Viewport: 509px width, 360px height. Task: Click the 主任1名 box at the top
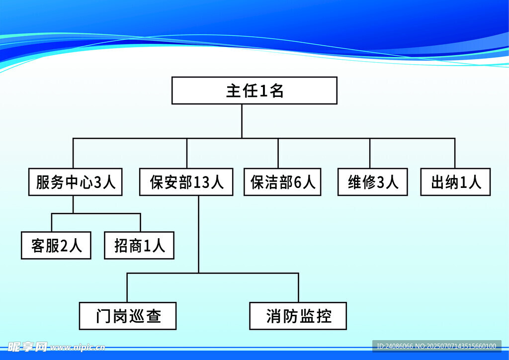pos(254,90)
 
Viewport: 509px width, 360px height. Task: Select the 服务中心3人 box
pos(76,182)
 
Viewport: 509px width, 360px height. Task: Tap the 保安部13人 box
pos(186,182)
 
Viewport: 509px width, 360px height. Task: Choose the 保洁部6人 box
pos(282,182)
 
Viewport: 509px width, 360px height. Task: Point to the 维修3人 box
pos(373,182)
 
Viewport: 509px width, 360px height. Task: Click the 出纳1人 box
pos(455,182)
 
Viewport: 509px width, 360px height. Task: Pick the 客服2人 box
pos(56,245)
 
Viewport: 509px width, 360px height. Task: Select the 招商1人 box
pos(139,245)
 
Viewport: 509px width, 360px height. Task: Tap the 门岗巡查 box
pos(128,316)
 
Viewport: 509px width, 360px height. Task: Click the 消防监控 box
pos(298,316)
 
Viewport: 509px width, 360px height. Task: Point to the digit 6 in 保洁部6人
pos(298,182)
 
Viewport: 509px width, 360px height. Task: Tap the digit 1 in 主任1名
pos(264,91)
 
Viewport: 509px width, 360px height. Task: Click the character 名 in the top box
pos(277,91)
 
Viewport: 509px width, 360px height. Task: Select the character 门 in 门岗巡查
pos(103,316)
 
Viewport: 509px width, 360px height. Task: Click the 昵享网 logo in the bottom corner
pos(27,346)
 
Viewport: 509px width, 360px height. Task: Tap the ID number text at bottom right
pos(436,346)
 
